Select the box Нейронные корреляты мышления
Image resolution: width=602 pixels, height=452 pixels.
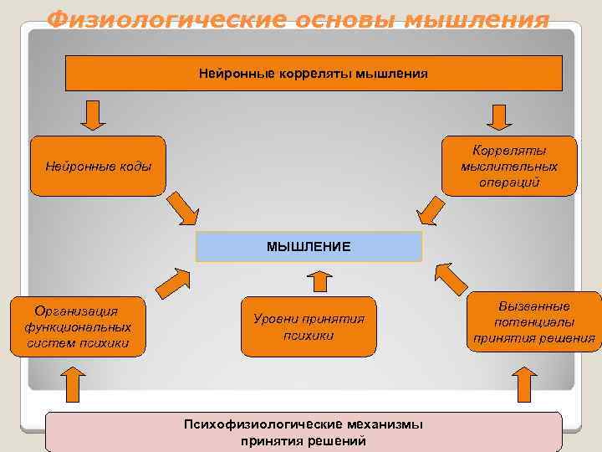click(314, 74)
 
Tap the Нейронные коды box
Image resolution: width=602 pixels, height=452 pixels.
click(99, 166)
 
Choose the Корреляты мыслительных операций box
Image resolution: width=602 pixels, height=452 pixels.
click(509, 166)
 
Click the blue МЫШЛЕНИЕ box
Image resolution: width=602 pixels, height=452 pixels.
click(309, 247)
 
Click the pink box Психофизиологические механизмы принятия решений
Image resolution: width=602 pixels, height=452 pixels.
click(304, 432)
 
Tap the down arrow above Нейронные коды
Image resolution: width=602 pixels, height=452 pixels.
click(93, 116)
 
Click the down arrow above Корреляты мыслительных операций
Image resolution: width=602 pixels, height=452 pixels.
click(499, 116)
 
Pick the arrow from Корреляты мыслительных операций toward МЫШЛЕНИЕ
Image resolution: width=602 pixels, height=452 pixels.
click(431, 209)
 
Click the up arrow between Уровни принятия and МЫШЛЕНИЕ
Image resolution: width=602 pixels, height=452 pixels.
click(318, 280)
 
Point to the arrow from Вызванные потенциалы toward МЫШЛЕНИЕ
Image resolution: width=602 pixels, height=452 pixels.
click(451, 278)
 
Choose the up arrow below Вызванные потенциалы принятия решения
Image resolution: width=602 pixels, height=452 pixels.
click(524, 386)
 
